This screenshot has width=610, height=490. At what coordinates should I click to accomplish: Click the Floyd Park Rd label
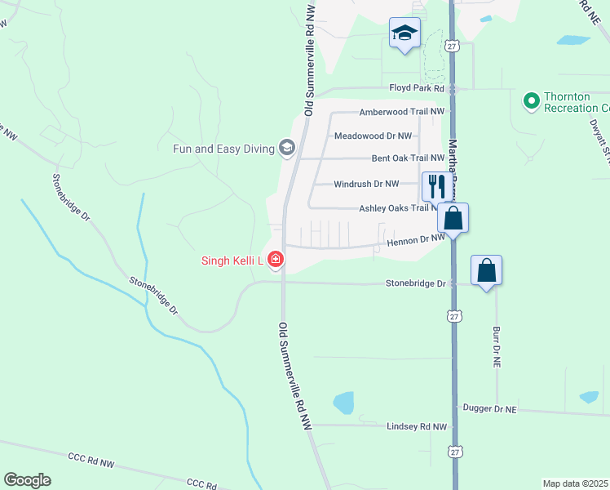coord(416,88)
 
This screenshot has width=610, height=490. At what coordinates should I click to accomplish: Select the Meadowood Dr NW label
coord(373,136)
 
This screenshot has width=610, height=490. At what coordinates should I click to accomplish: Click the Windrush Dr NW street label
coord(366,185)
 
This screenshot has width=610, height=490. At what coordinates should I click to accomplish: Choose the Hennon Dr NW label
coord(414,239)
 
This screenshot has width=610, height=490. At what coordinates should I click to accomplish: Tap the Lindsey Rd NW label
coord(418,426)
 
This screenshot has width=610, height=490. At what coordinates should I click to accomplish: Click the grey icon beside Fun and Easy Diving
coord(286,148)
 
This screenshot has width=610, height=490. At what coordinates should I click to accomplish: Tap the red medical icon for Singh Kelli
coord(276,261)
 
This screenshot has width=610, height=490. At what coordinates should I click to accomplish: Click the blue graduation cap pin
coord(404,33)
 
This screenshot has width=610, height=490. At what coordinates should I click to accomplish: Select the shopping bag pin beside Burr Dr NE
coord(486,269)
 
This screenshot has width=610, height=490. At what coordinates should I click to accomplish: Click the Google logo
coord(27,480)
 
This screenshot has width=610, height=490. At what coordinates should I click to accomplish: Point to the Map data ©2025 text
coord(576,483)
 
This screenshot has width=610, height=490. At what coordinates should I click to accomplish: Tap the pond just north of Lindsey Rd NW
coord(344,403)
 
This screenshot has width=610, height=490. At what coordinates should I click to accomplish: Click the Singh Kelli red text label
coord(231,261)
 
